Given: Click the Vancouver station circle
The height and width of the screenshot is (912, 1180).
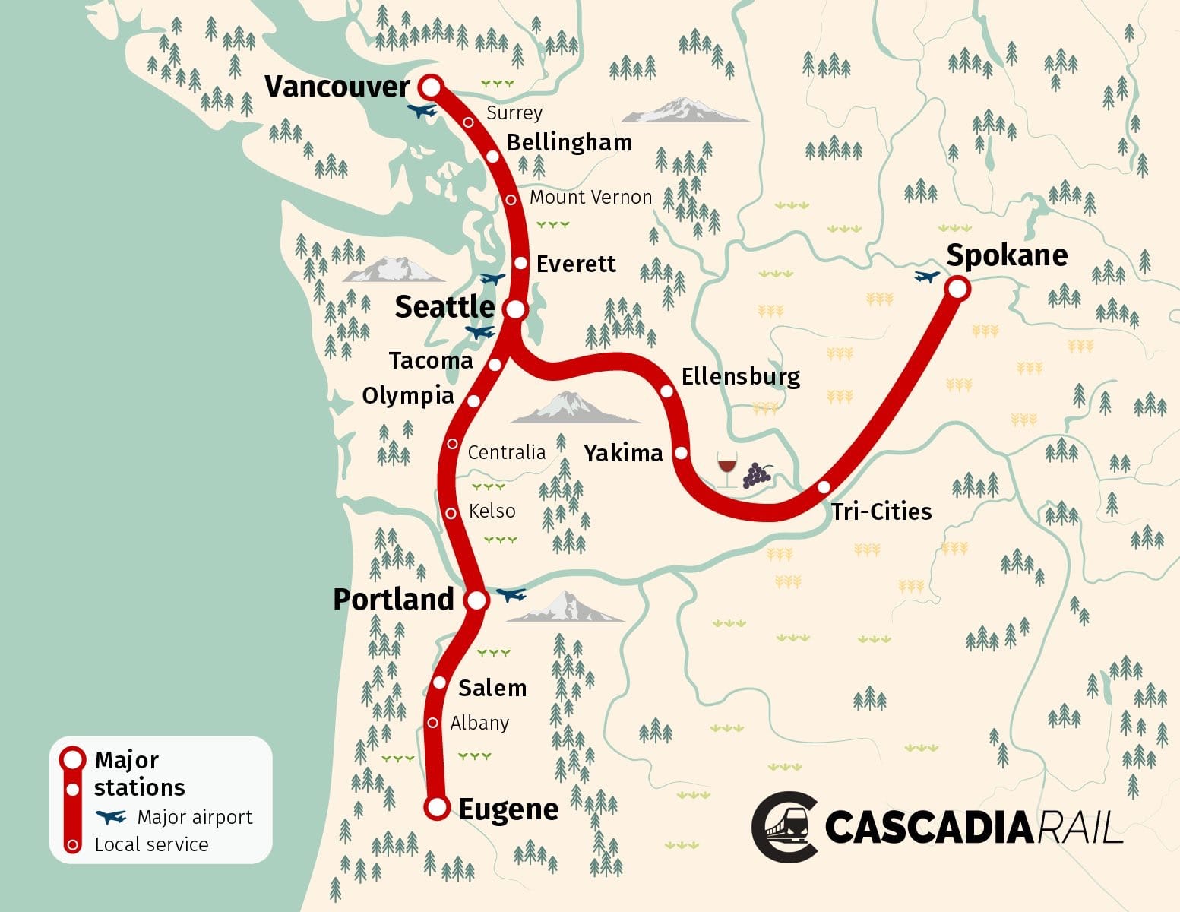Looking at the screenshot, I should pos(431,87).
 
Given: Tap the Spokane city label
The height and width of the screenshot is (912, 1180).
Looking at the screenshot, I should pos(1006,255).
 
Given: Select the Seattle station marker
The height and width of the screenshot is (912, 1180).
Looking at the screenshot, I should pos(515,309).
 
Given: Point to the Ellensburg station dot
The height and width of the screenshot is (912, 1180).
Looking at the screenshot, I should pos(666,391).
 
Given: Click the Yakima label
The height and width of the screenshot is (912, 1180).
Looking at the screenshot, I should pos(622,453).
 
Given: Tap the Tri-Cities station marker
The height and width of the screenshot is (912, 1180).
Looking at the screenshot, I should pos(824,487).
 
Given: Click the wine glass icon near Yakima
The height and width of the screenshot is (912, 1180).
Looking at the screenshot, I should pos(726,470).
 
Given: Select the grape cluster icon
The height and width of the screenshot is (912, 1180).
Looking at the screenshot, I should pos(757,474).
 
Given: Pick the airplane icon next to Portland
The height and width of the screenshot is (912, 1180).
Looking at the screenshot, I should pos(511,594).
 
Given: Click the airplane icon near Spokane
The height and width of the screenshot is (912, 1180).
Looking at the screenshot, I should pos(926,277).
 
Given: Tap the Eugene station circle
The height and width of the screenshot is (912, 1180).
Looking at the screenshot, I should pos(437,808).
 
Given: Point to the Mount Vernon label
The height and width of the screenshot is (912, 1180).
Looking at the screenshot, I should pos(590,198).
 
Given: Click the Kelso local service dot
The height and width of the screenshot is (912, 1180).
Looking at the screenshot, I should pos(451,513).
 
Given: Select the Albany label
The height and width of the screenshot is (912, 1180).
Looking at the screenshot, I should pos(479,723).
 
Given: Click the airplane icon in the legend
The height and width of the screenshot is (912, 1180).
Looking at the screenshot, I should pos(111,817).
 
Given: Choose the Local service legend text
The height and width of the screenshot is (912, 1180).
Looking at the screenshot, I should pos(151,844).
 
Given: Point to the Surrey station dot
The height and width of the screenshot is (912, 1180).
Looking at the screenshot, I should pos(469,122).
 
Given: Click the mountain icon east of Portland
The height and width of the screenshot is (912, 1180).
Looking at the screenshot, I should pos(565,607).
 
